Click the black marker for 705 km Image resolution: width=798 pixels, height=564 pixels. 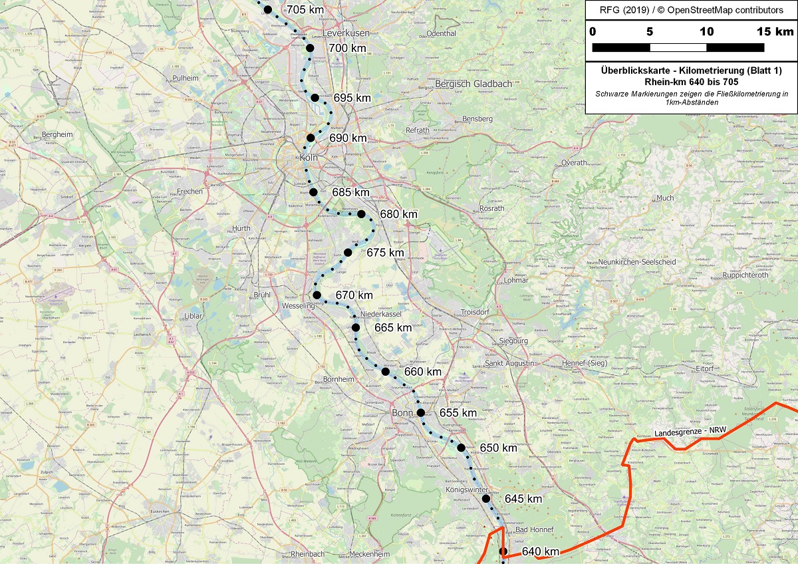[268, 9]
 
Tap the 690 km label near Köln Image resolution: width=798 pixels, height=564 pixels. [348, 138]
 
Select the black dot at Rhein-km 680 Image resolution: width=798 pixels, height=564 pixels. [361, 214]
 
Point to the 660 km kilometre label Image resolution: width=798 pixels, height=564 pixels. [423, 371]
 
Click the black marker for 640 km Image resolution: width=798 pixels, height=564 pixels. [503, 551]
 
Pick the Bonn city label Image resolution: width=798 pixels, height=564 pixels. [403, 413]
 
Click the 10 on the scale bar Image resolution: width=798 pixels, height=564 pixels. [706, 32]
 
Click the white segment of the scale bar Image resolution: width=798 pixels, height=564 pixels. [678, 47]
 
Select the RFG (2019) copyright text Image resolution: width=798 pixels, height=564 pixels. [691, 11]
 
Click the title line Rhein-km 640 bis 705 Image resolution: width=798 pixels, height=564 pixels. [691, 82]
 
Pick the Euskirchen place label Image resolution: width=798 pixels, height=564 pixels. [164, 511]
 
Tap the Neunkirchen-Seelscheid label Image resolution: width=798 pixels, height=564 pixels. [632, 262]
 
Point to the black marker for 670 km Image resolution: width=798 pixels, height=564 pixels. [317, 295]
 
